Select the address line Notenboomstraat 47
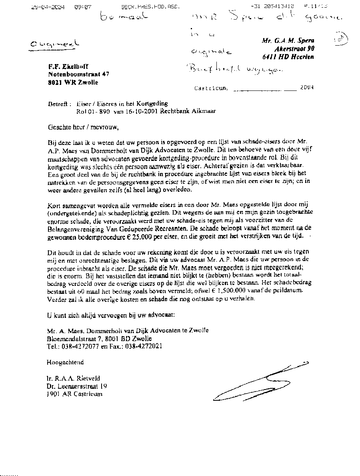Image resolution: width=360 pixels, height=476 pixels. (78, 74)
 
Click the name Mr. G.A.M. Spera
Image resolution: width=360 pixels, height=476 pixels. (288, 40)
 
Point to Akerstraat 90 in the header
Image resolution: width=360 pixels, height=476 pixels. (294, 48)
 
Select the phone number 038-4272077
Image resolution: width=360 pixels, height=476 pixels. (78, 346)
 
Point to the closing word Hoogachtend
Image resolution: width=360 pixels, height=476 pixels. (65, 362)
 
